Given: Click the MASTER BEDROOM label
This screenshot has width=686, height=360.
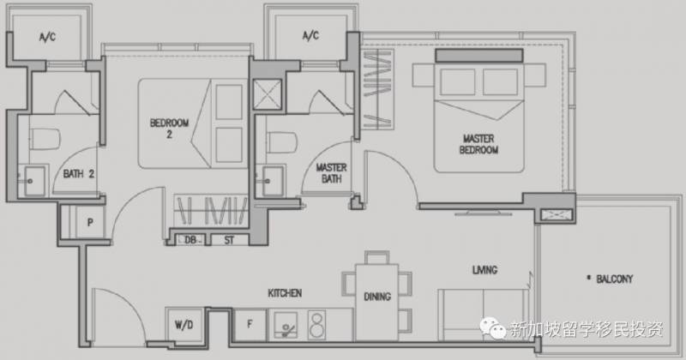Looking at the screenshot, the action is [478, 144].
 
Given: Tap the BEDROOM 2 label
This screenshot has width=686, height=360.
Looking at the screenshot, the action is [169, 129].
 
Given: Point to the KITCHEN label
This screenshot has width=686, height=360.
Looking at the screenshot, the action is [285, 292].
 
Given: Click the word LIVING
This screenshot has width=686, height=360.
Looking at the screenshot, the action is [484, 270].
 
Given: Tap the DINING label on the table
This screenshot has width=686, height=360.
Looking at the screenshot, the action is [377, 297].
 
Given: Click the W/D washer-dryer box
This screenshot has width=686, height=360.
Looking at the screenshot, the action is [184, 325].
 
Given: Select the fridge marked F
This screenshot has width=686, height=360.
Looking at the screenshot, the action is [250, 325].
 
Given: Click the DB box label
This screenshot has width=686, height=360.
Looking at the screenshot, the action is [190, 240].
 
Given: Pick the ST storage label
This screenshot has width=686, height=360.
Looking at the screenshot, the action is [229, 240].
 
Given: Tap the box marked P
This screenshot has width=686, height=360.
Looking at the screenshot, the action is [90, 222].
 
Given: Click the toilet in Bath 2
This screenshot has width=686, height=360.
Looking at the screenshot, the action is [45, 139].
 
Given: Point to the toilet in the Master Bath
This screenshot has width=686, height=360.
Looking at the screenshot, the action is [283, 142].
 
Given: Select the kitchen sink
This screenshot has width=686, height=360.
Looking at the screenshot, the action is [286, 325].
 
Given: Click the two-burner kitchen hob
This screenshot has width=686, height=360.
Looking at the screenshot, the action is [316, 325].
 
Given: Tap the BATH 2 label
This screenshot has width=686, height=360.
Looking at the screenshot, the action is [79, 174].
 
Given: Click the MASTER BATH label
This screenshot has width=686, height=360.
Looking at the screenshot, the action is [331, 173].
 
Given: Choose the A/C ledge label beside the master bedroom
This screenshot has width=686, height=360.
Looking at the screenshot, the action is [310, 35].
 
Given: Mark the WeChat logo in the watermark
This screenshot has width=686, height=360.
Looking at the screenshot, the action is [492, 327].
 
